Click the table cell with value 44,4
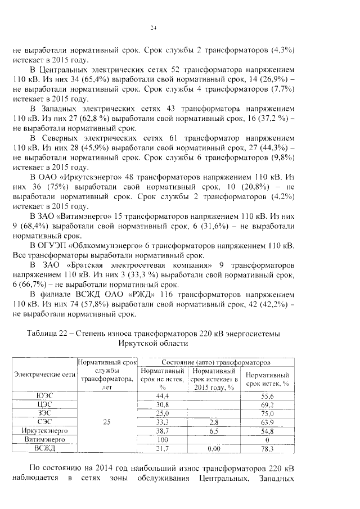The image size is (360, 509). click(x=163, y=396)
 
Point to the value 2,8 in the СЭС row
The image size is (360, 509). click(x=213, y=422)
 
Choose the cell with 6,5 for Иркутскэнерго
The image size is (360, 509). click(x=213, y=430)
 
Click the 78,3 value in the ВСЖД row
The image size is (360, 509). click(x=267, y=448)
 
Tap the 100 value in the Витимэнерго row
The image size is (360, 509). click(x=163, y=439)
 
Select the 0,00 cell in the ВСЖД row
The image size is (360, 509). click(x=213, y=448)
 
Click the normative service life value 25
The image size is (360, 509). click(x=107, y=422)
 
